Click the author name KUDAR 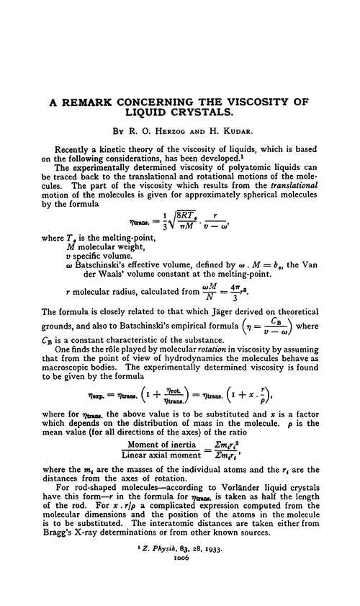coord(237,132)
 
